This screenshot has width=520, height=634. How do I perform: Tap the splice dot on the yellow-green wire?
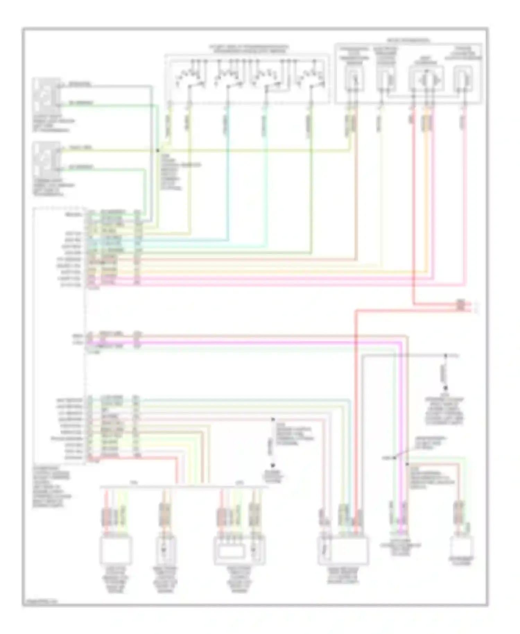coord(157,151)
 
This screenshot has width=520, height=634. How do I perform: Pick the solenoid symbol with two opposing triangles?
coord(427,80)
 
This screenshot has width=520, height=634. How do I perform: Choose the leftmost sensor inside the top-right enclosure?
coord(354,80)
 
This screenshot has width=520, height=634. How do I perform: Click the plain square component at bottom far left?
coord(116,550)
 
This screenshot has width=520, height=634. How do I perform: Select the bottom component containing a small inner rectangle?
coord(240,550)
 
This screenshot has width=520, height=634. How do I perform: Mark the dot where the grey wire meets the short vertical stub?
coord(446,356)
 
